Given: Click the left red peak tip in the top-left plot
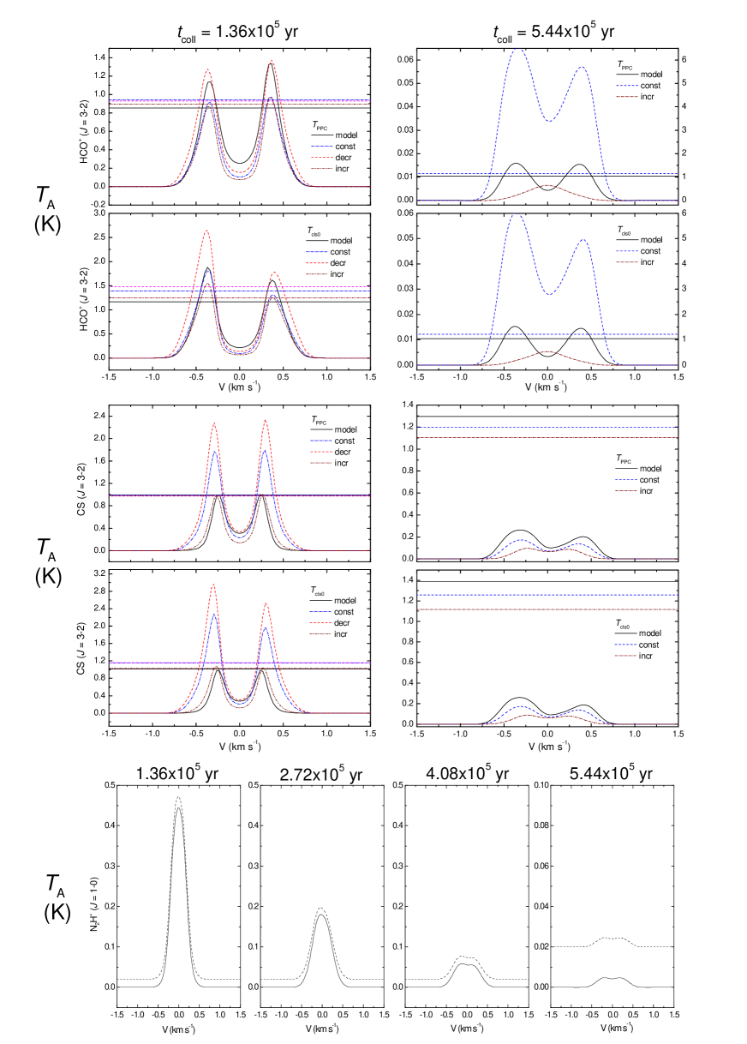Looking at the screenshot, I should (x=207, y=70).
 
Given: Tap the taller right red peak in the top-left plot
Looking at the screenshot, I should (x=272, y=61).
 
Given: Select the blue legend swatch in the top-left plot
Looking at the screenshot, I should (x=322, y=146).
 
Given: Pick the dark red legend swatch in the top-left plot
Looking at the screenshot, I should (x=322, y=168).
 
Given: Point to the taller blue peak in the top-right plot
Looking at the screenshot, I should (x=517, y=49).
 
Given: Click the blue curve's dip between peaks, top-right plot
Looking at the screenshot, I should (x=549, y=121).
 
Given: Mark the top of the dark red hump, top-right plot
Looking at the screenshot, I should (x=547, y=185).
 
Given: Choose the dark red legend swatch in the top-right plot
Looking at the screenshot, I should (x=627, y=97).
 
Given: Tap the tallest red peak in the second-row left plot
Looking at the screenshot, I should (x=206, y=231).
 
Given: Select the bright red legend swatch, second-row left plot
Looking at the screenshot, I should (x=317, y=263).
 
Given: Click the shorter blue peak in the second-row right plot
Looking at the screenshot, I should (x=583, y=240).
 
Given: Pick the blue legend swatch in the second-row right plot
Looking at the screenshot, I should (x=627, y=251).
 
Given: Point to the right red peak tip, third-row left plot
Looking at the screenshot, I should (x=266, y=420).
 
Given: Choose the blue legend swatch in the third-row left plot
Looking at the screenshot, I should (x=321, y=441).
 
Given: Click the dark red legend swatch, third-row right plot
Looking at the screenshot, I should (x=625, y=490).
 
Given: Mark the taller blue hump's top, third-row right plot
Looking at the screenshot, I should (x=520, y=540).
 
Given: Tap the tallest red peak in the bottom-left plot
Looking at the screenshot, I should (x=213, y=585).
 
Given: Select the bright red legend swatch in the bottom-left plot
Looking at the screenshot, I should (x=321, y=622).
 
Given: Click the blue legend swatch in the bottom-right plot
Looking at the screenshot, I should (x=625, y=645).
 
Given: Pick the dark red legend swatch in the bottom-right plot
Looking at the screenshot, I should (x=625, y=656).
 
